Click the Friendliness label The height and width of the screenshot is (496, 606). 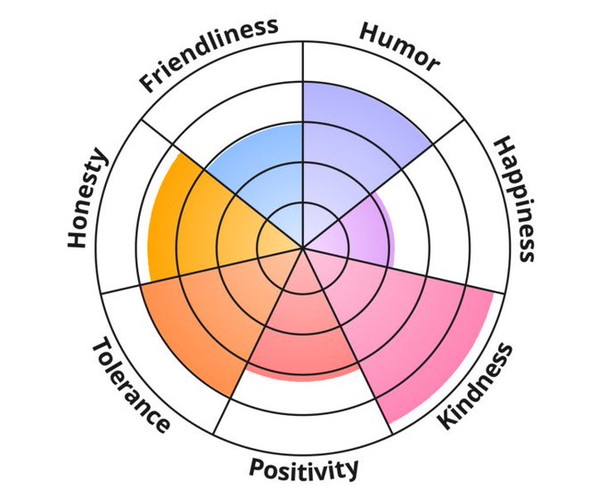point(209,54)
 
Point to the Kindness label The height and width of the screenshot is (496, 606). point(475,386)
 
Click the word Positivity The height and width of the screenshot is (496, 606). point(303,468)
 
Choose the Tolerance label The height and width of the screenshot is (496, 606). point(131,385)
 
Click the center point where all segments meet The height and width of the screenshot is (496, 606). point(303,247)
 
